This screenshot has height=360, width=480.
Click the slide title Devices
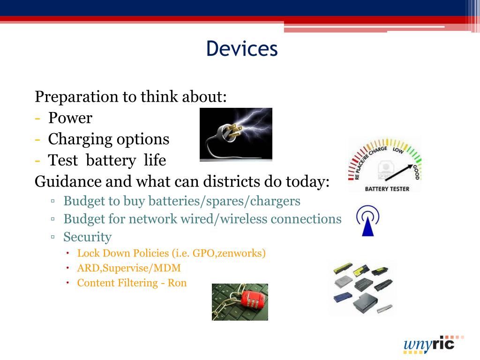[242, 48]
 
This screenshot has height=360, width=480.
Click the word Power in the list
[70, 118]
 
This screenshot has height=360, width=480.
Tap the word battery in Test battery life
[111, 160]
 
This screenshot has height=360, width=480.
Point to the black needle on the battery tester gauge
[398, 172]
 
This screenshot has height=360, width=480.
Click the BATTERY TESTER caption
[387, 189]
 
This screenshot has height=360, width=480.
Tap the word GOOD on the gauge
[416, 172]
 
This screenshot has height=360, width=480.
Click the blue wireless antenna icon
[367, 221]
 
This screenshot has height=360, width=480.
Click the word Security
[88, 237]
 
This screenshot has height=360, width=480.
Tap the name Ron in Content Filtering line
[177, 283]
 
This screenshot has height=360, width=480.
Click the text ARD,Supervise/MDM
[129, 268]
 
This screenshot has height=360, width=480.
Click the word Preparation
[76, 97]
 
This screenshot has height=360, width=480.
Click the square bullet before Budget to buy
[53, 201]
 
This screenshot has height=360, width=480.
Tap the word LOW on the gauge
[398, 150]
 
